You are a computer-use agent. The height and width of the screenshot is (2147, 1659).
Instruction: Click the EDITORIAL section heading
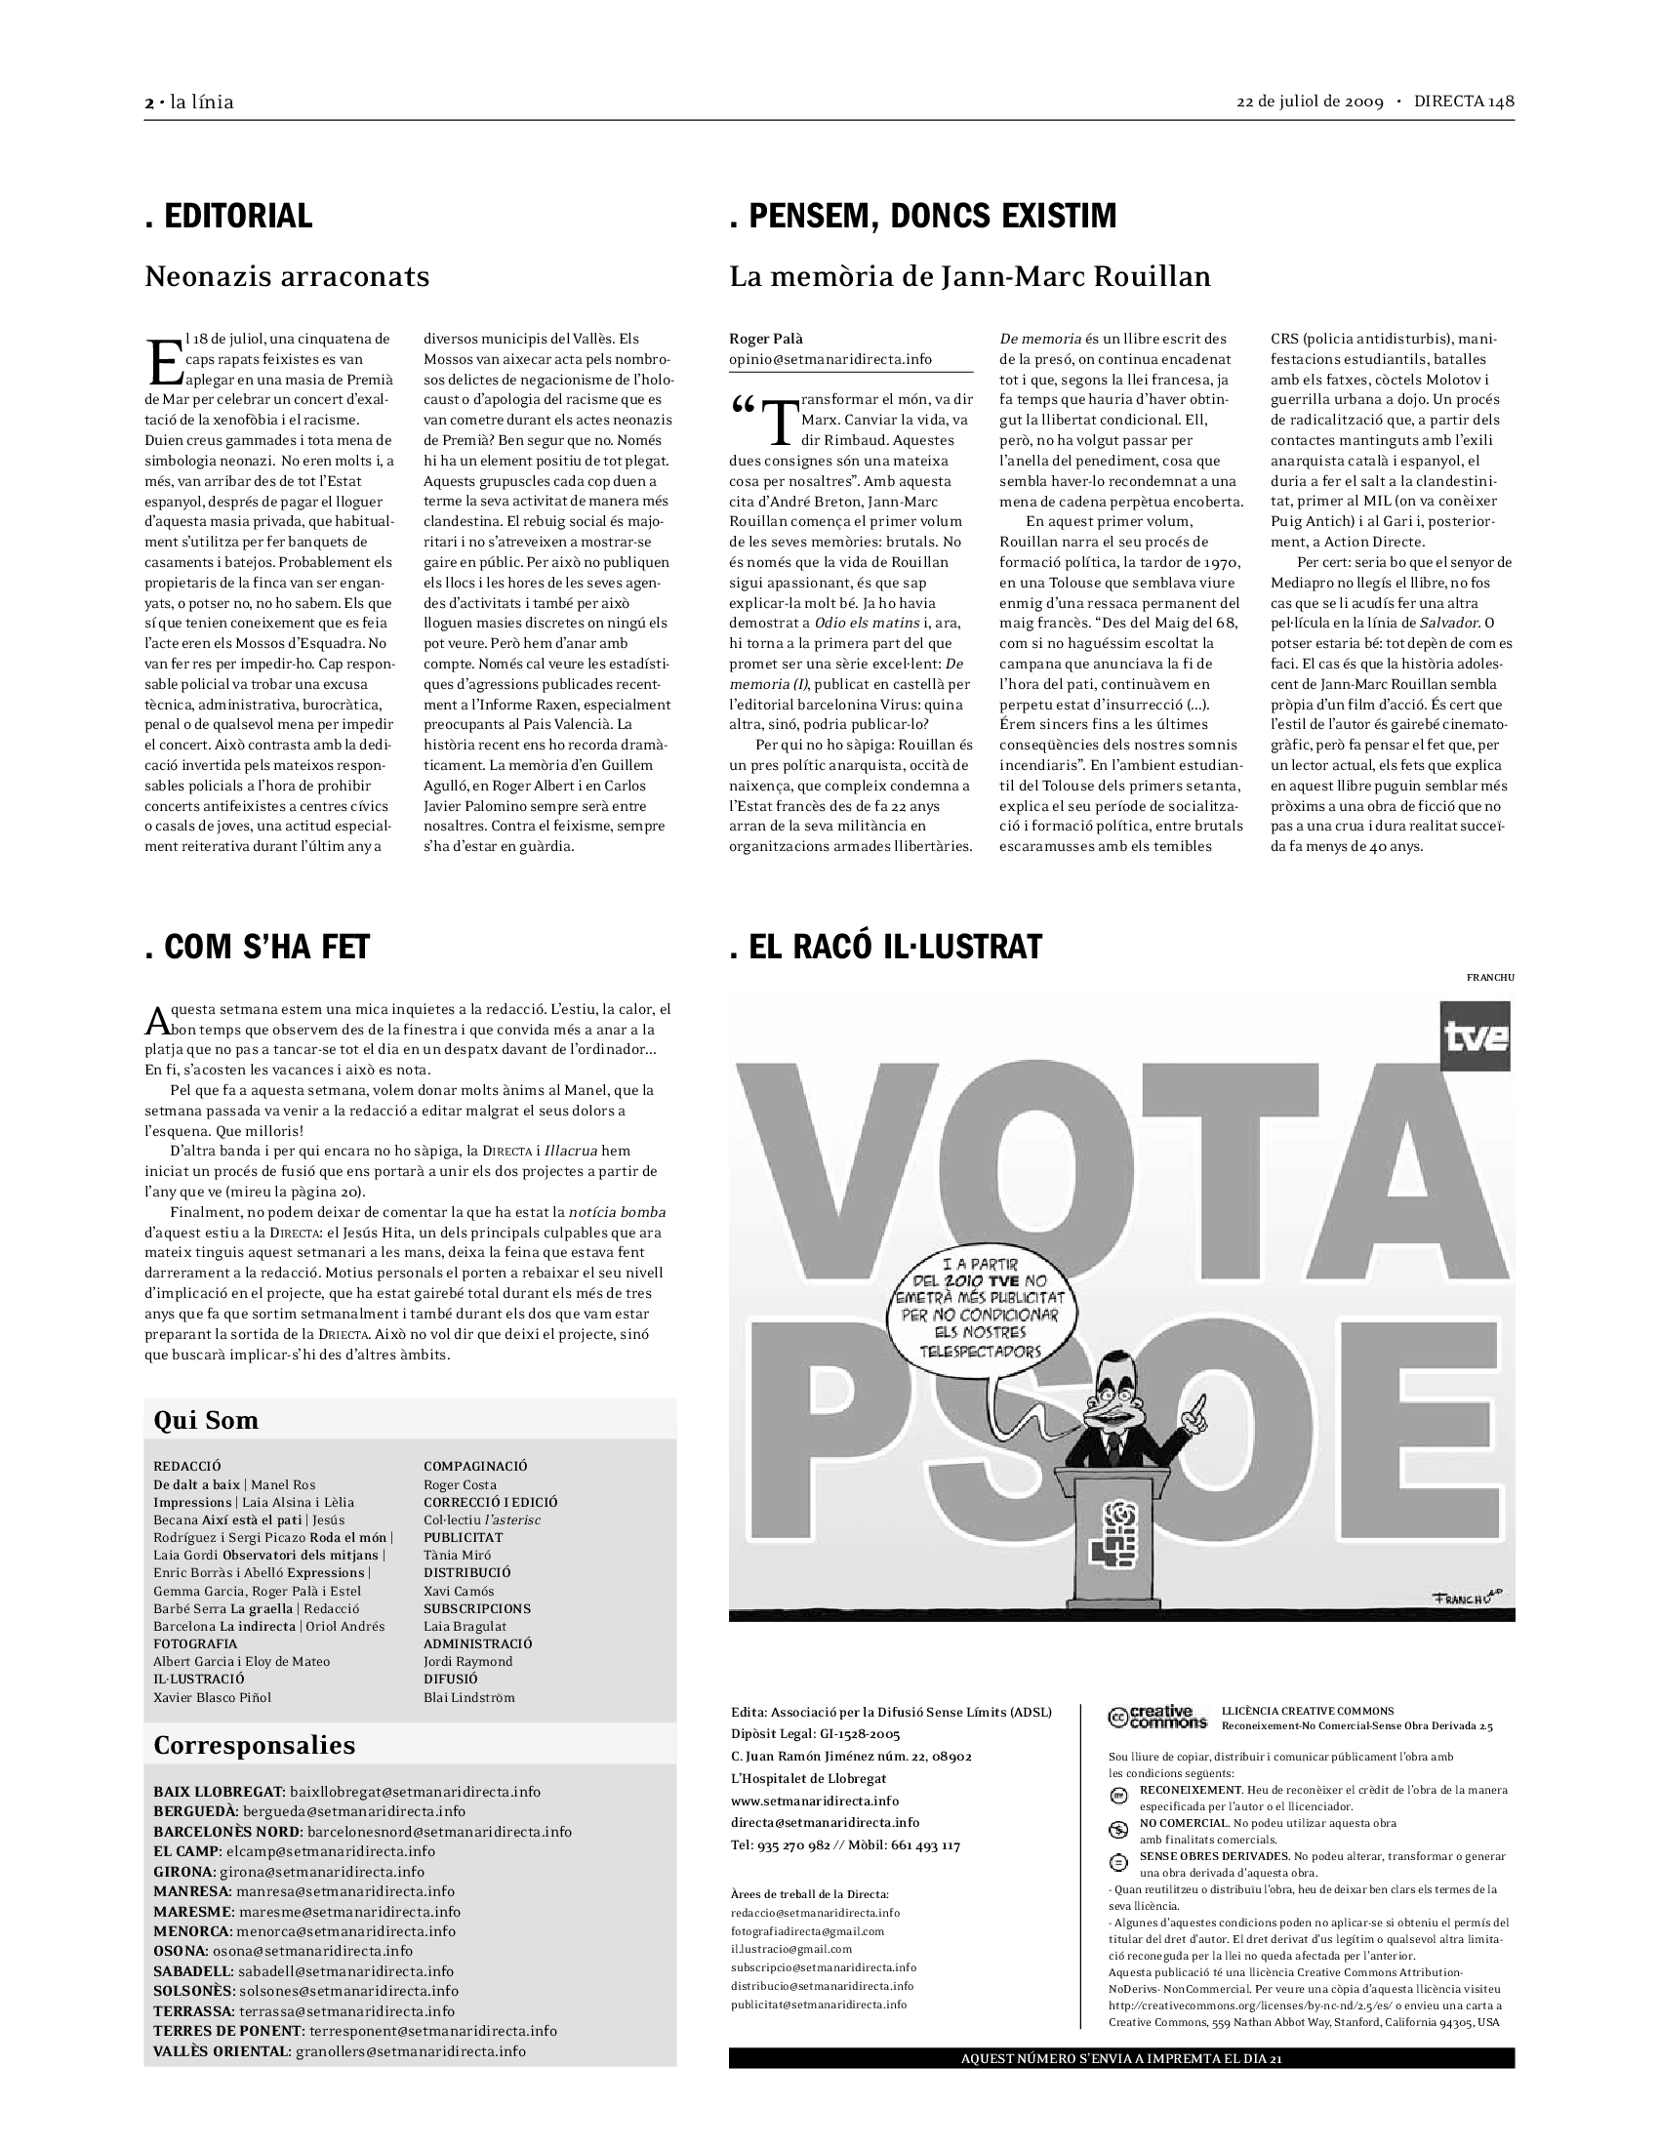pos(229,217)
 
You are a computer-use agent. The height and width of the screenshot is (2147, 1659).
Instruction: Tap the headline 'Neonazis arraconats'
pos(287,276)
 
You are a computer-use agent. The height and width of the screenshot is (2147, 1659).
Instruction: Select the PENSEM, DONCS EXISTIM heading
pos(923,217)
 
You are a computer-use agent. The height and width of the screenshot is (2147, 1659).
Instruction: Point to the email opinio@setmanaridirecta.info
pos(829,360)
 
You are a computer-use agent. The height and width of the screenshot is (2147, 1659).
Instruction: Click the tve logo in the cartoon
pos(1476,1036)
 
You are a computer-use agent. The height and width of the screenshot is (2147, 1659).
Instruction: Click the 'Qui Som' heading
pos(205,1420)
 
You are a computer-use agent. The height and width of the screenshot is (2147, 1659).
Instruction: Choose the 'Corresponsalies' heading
pos(254,1745)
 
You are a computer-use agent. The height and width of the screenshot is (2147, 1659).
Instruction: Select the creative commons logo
pos(1156,1717)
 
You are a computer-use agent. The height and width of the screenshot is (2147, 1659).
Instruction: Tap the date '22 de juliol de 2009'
pos(1309,102)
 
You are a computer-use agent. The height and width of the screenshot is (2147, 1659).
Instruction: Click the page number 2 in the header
pos(149,102)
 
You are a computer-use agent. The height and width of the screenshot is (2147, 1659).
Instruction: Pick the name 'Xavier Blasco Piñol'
pos(213,1697)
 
